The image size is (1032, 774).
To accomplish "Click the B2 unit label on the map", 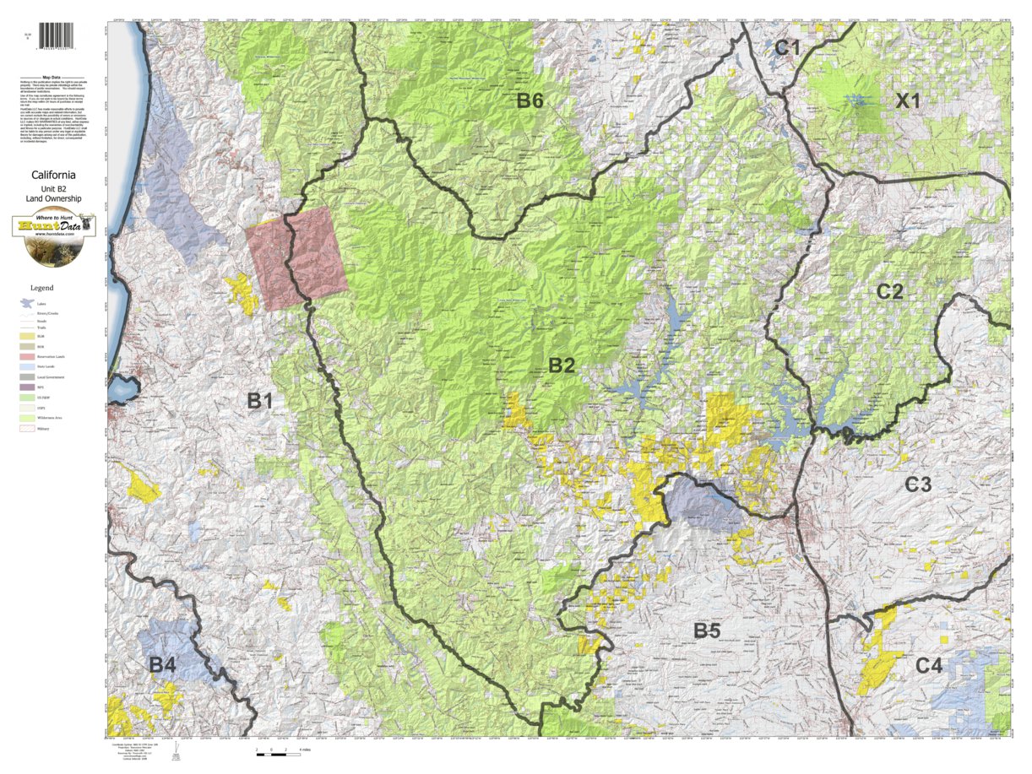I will [562, 365].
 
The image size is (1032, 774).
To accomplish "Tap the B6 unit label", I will [530, 101].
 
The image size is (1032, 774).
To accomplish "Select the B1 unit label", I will [259, 402].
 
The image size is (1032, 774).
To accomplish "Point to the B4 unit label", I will [162, 665].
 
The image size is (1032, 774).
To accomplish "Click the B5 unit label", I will [707, 630].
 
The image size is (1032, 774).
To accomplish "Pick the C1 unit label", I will [787, 48].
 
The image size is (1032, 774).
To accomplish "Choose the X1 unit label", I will [908, 101].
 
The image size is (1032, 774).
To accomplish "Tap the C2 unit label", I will [889, 292].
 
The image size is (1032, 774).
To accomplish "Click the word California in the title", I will [54, 176].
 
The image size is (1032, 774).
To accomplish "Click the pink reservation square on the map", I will [296, 257].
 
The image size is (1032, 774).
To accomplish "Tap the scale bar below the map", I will [272, 750].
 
